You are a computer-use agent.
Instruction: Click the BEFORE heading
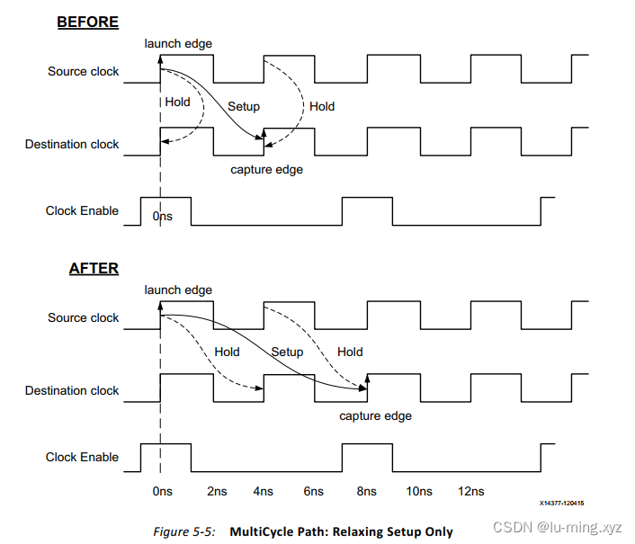coord(88,22)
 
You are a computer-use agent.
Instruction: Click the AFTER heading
coord(94,268)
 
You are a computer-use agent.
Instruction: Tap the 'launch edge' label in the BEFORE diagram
coord(178,43)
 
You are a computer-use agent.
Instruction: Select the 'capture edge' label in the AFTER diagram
coord(375,415)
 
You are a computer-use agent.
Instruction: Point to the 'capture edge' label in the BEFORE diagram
coord(266,169)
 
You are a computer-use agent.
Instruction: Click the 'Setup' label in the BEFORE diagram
coord(243,106)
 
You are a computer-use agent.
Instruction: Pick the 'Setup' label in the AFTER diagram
coord(287,352)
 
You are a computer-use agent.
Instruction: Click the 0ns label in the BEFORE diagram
coord(162,217)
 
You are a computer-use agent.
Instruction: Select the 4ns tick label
coord(263,491)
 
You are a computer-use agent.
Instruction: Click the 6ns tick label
coord(313,491)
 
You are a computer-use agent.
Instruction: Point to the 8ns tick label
coord(366,491)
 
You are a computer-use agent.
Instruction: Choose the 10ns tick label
coord(418,491)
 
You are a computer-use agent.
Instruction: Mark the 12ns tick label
coord(470,491)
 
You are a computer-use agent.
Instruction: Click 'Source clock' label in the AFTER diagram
coord(83,317)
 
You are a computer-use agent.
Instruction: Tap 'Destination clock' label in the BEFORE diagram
coord(72,144)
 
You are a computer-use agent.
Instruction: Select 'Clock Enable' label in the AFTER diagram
coord(82,457)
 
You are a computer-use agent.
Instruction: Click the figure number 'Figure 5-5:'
coord(183,531)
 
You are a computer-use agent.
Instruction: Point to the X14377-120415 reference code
coord(562,504)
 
